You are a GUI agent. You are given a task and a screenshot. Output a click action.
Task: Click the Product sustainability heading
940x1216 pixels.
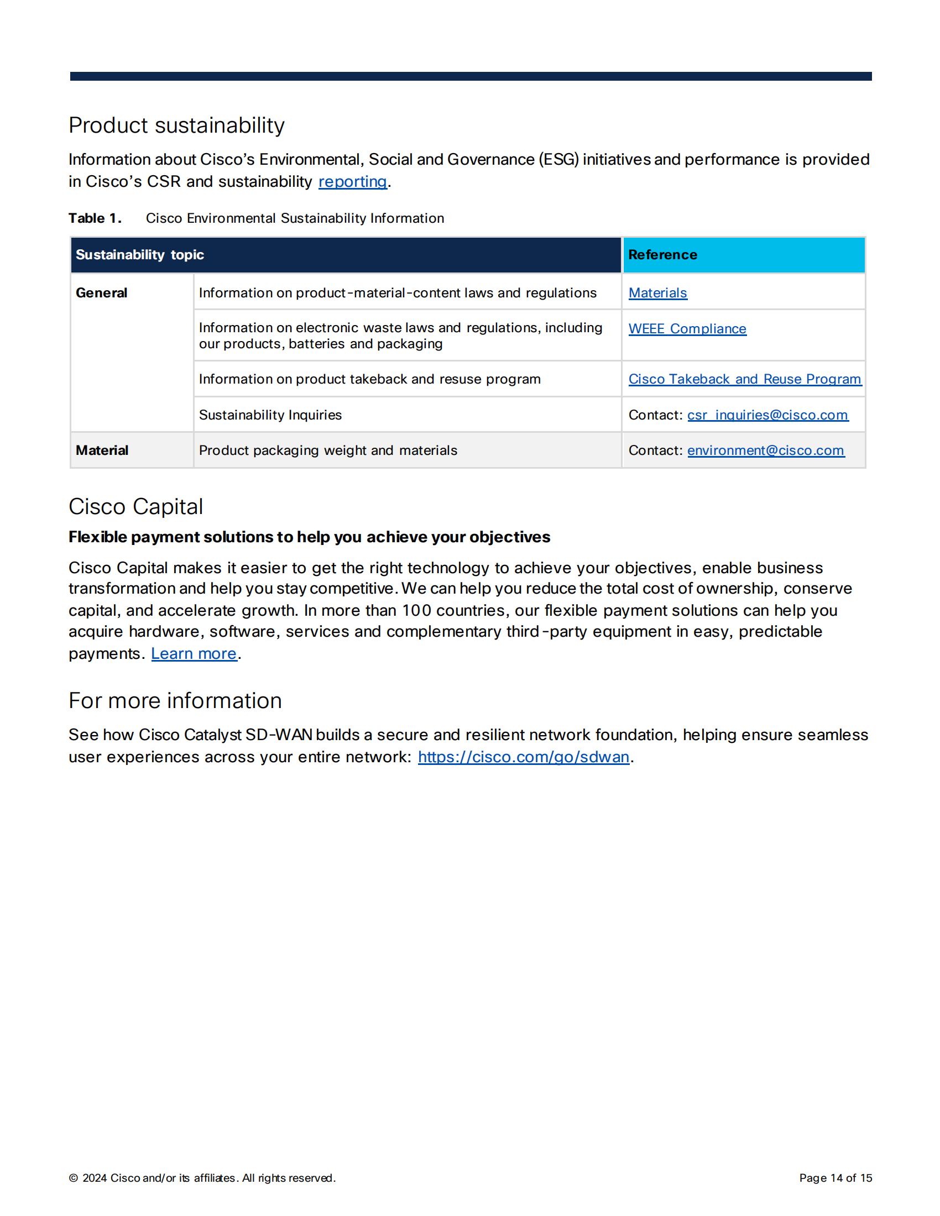[176, 125]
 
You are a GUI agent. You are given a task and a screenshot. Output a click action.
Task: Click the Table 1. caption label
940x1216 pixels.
[95, 218]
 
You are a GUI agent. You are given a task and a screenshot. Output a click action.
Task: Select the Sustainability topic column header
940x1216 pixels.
[140, 255]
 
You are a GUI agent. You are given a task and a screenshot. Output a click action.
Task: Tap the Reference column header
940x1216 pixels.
[662, 255]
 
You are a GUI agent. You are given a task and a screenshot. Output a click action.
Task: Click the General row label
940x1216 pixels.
[101, 293]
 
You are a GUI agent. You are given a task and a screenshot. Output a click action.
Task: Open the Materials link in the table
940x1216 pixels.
[657, 293]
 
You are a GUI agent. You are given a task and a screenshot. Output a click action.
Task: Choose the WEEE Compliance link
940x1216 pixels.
[687, 329]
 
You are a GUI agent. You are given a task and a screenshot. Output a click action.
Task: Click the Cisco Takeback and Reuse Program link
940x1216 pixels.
[745, 379]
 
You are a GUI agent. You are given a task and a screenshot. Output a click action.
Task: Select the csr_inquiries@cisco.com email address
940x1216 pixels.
[767, 415]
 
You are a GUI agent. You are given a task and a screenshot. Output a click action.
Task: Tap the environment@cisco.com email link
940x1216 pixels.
[766, 450]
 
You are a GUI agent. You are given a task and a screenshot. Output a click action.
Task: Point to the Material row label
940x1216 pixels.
[102, 450]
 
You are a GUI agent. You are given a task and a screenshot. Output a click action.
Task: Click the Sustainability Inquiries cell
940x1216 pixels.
[270, 415]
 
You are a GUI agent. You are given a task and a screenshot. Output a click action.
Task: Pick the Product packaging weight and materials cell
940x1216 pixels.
[328, 450]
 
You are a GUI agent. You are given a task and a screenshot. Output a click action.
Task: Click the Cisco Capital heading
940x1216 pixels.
[136, 507]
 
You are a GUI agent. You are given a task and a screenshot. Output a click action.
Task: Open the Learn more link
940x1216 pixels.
[194, 654]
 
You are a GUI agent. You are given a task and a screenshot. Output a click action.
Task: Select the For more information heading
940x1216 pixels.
[175, 700]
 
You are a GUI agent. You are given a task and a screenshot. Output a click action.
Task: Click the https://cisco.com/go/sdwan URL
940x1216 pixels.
[524, 757]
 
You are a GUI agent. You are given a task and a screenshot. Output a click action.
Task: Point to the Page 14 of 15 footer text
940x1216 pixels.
[835, 1178]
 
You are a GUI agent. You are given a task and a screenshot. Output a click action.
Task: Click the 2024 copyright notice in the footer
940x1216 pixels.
[202, 1178]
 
